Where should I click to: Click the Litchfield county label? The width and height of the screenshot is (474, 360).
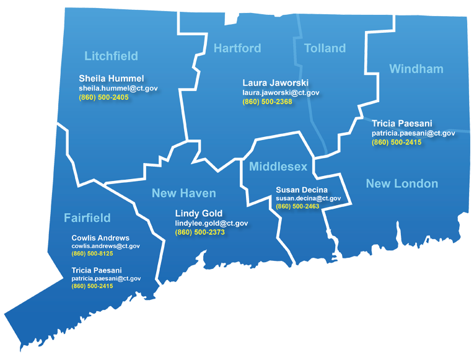point(111,56)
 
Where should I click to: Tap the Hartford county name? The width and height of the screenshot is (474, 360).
point(237,48)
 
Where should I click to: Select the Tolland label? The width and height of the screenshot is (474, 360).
point(325,48)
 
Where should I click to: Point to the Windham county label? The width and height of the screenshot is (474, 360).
point(416,69)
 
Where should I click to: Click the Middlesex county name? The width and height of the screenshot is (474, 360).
point(278,167)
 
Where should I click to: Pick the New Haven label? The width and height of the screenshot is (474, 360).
point(183,193)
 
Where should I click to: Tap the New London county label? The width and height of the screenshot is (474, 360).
point(402,183)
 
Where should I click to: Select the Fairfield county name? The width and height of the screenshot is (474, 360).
point(87,217)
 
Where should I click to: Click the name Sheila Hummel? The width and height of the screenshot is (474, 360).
point(112,79)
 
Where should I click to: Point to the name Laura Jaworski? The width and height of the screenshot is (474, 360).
point(275,83)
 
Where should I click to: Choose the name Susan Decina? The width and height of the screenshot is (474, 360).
point(302,190)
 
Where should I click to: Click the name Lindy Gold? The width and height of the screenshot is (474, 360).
point(199,214)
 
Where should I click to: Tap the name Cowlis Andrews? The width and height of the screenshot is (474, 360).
point(100,238)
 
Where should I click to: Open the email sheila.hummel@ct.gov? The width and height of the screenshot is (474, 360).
point(118,89)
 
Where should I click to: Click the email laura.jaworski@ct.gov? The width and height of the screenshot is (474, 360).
point(281,93)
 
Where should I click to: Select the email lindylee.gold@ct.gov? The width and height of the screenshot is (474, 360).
point(211,223)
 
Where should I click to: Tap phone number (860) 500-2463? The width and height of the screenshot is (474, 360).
point(297,206)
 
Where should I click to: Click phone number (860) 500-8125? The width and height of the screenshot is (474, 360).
point(92,254)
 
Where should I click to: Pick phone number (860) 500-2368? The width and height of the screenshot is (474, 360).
point(267,102)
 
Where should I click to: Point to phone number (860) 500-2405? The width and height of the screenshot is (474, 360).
point(103,97)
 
